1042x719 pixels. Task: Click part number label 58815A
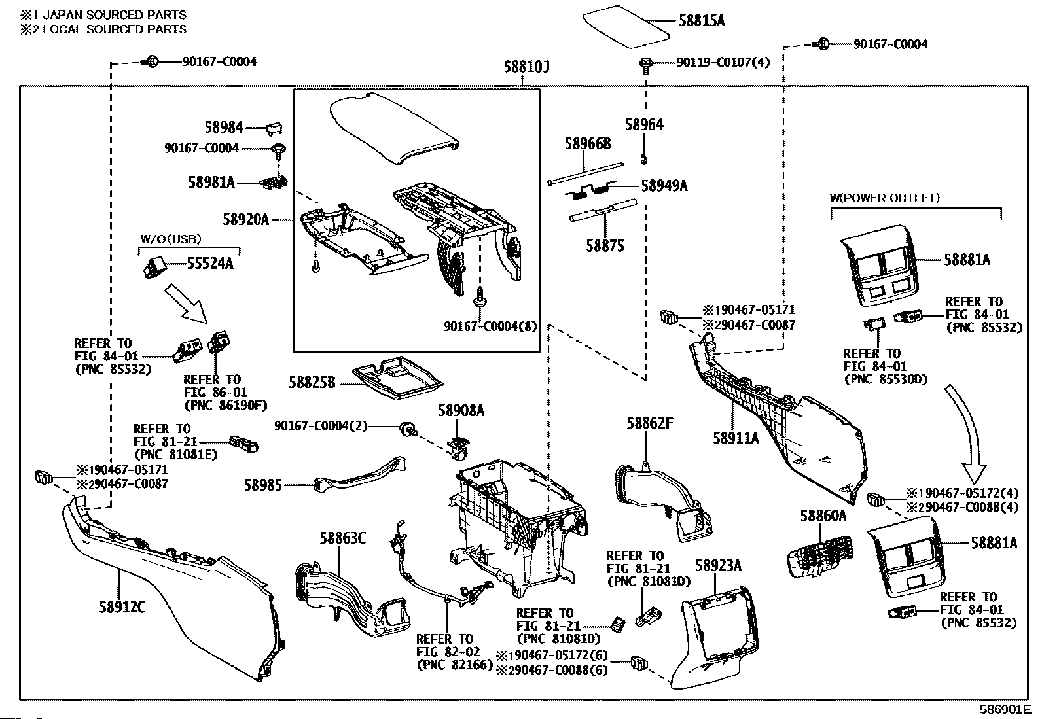(702, 21)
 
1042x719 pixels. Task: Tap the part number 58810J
(526, 67)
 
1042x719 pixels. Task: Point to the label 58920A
(245, 220)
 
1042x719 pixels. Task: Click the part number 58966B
(588, 144)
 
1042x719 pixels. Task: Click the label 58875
(605, 246)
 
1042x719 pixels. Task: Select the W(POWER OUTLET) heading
(884, 198)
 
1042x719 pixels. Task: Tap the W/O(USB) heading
(171, 239)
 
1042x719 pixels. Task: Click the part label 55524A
(210, 264)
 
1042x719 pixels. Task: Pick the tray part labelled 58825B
(395, 377)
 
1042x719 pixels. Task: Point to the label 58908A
(461, 411)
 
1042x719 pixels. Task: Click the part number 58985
(263, 485)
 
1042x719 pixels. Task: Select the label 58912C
(122, 607)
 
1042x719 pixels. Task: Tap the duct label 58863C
(342, 538)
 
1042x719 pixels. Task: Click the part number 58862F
(649, 423)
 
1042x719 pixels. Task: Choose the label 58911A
(736, 438)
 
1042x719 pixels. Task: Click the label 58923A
(718, 565)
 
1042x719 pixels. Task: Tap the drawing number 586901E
(1005, 709)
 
